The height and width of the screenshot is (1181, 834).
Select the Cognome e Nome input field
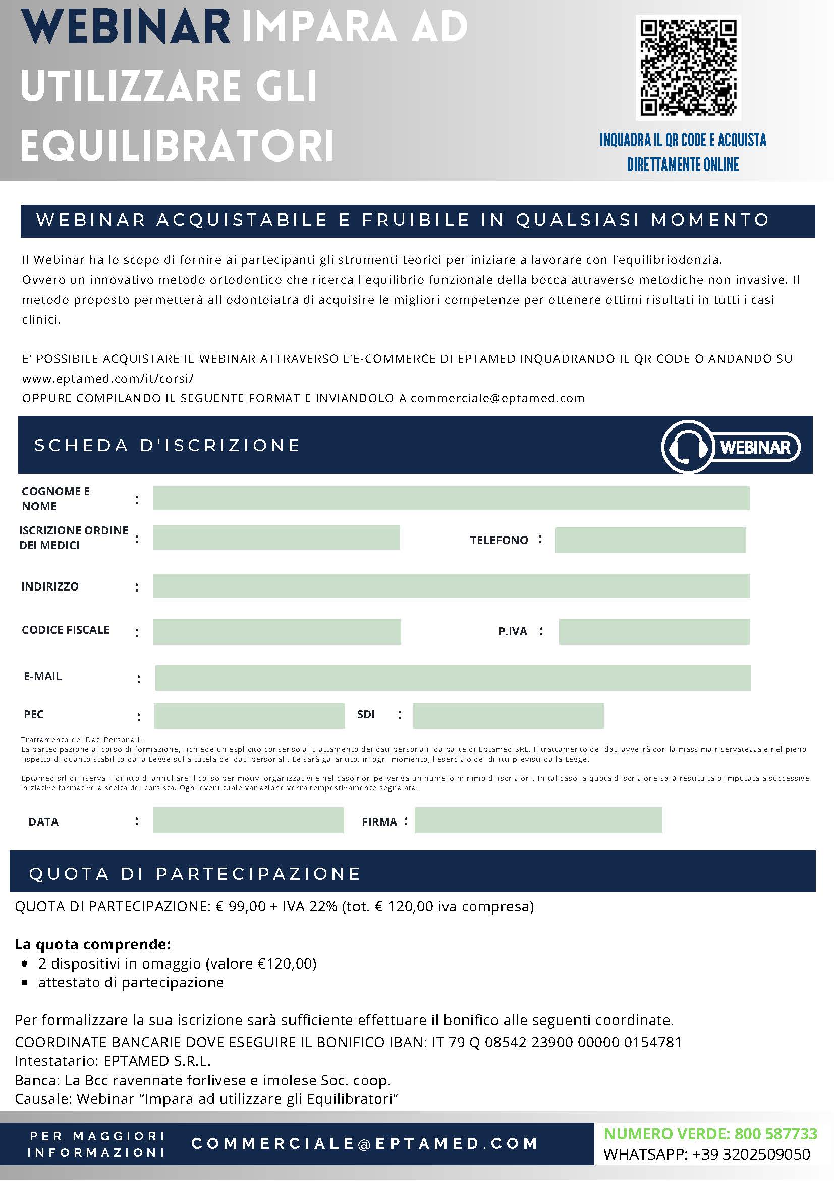pos(451,498)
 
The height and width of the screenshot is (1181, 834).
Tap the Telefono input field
pos(650,540)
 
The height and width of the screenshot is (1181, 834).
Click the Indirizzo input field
pos(451,586)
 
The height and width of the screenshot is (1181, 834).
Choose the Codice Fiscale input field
pos(276,631)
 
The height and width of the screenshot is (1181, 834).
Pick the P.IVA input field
pos(653,631)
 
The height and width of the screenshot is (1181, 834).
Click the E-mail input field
pos(453,677)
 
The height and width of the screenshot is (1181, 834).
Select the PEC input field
pos(249,716)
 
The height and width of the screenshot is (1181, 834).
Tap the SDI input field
pos(508,716)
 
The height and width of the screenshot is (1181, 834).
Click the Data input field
pos(248,820)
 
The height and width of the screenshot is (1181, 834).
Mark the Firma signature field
pos(538,820)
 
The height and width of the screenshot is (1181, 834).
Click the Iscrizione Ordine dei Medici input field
pos(276,538)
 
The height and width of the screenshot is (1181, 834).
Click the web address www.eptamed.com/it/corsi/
pos(108,379)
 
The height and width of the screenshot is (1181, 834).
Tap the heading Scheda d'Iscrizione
pos(167,446)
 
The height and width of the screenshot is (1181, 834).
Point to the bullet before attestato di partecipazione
pos(25,983)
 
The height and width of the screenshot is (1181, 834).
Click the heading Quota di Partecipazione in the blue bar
pos(195,874)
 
